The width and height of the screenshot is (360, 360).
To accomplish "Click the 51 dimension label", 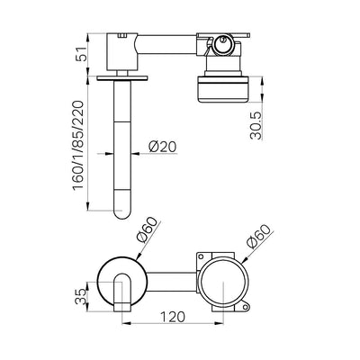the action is pos(81,54).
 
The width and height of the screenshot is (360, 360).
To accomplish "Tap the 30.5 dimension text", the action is pos(256,125).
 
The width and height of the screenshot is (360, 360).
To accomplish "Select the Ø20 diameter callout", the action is pos(163,147).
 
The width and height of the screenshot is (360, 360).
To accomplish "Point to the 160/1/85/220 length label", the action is pos(77,145).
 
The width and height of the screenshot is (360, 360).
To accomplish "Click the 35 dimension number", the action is pos(81,297).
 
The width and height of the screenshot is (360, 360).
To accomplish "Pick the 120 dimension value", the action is pos(173,317).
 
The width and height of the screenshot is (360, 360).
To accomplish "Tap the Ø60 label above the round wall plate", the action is pos(147,229).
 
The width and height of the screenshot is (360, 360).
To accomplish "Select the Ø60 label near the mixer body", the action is pos(260,237).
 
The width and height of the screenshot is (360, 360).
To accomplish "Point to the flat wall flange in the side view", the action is pos(122,77).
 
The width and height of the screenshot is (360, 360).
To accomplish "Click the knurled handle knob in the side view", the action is pos(223,90).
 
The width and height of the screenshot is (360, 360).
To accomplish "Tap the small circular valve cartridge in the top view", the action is pos(222,44).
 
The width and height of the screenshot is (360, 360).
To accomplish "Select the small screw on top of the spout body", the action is pos(122,36).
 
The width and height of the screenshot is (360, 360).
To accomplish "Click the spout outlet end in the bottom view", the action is pos(122,308).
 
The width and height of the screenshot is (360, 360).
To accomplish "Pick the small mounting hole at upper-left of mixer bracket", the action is pos(201,256).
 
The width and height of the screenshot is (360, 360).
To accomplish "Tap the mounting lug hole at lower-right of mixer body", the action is pos(246,307).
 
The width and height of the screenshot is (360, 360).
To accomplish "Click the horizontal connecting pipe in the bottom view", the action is pos(171,282).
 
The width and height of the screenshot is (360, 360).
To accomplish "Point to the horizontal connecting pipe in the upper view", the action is pos(167,45).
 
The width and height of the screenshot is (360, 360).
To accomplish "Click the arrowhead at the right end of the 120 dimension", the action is pos(220,323).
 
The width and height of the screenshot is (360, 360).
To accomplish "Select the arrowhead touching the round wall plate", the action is pos(139,256).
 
